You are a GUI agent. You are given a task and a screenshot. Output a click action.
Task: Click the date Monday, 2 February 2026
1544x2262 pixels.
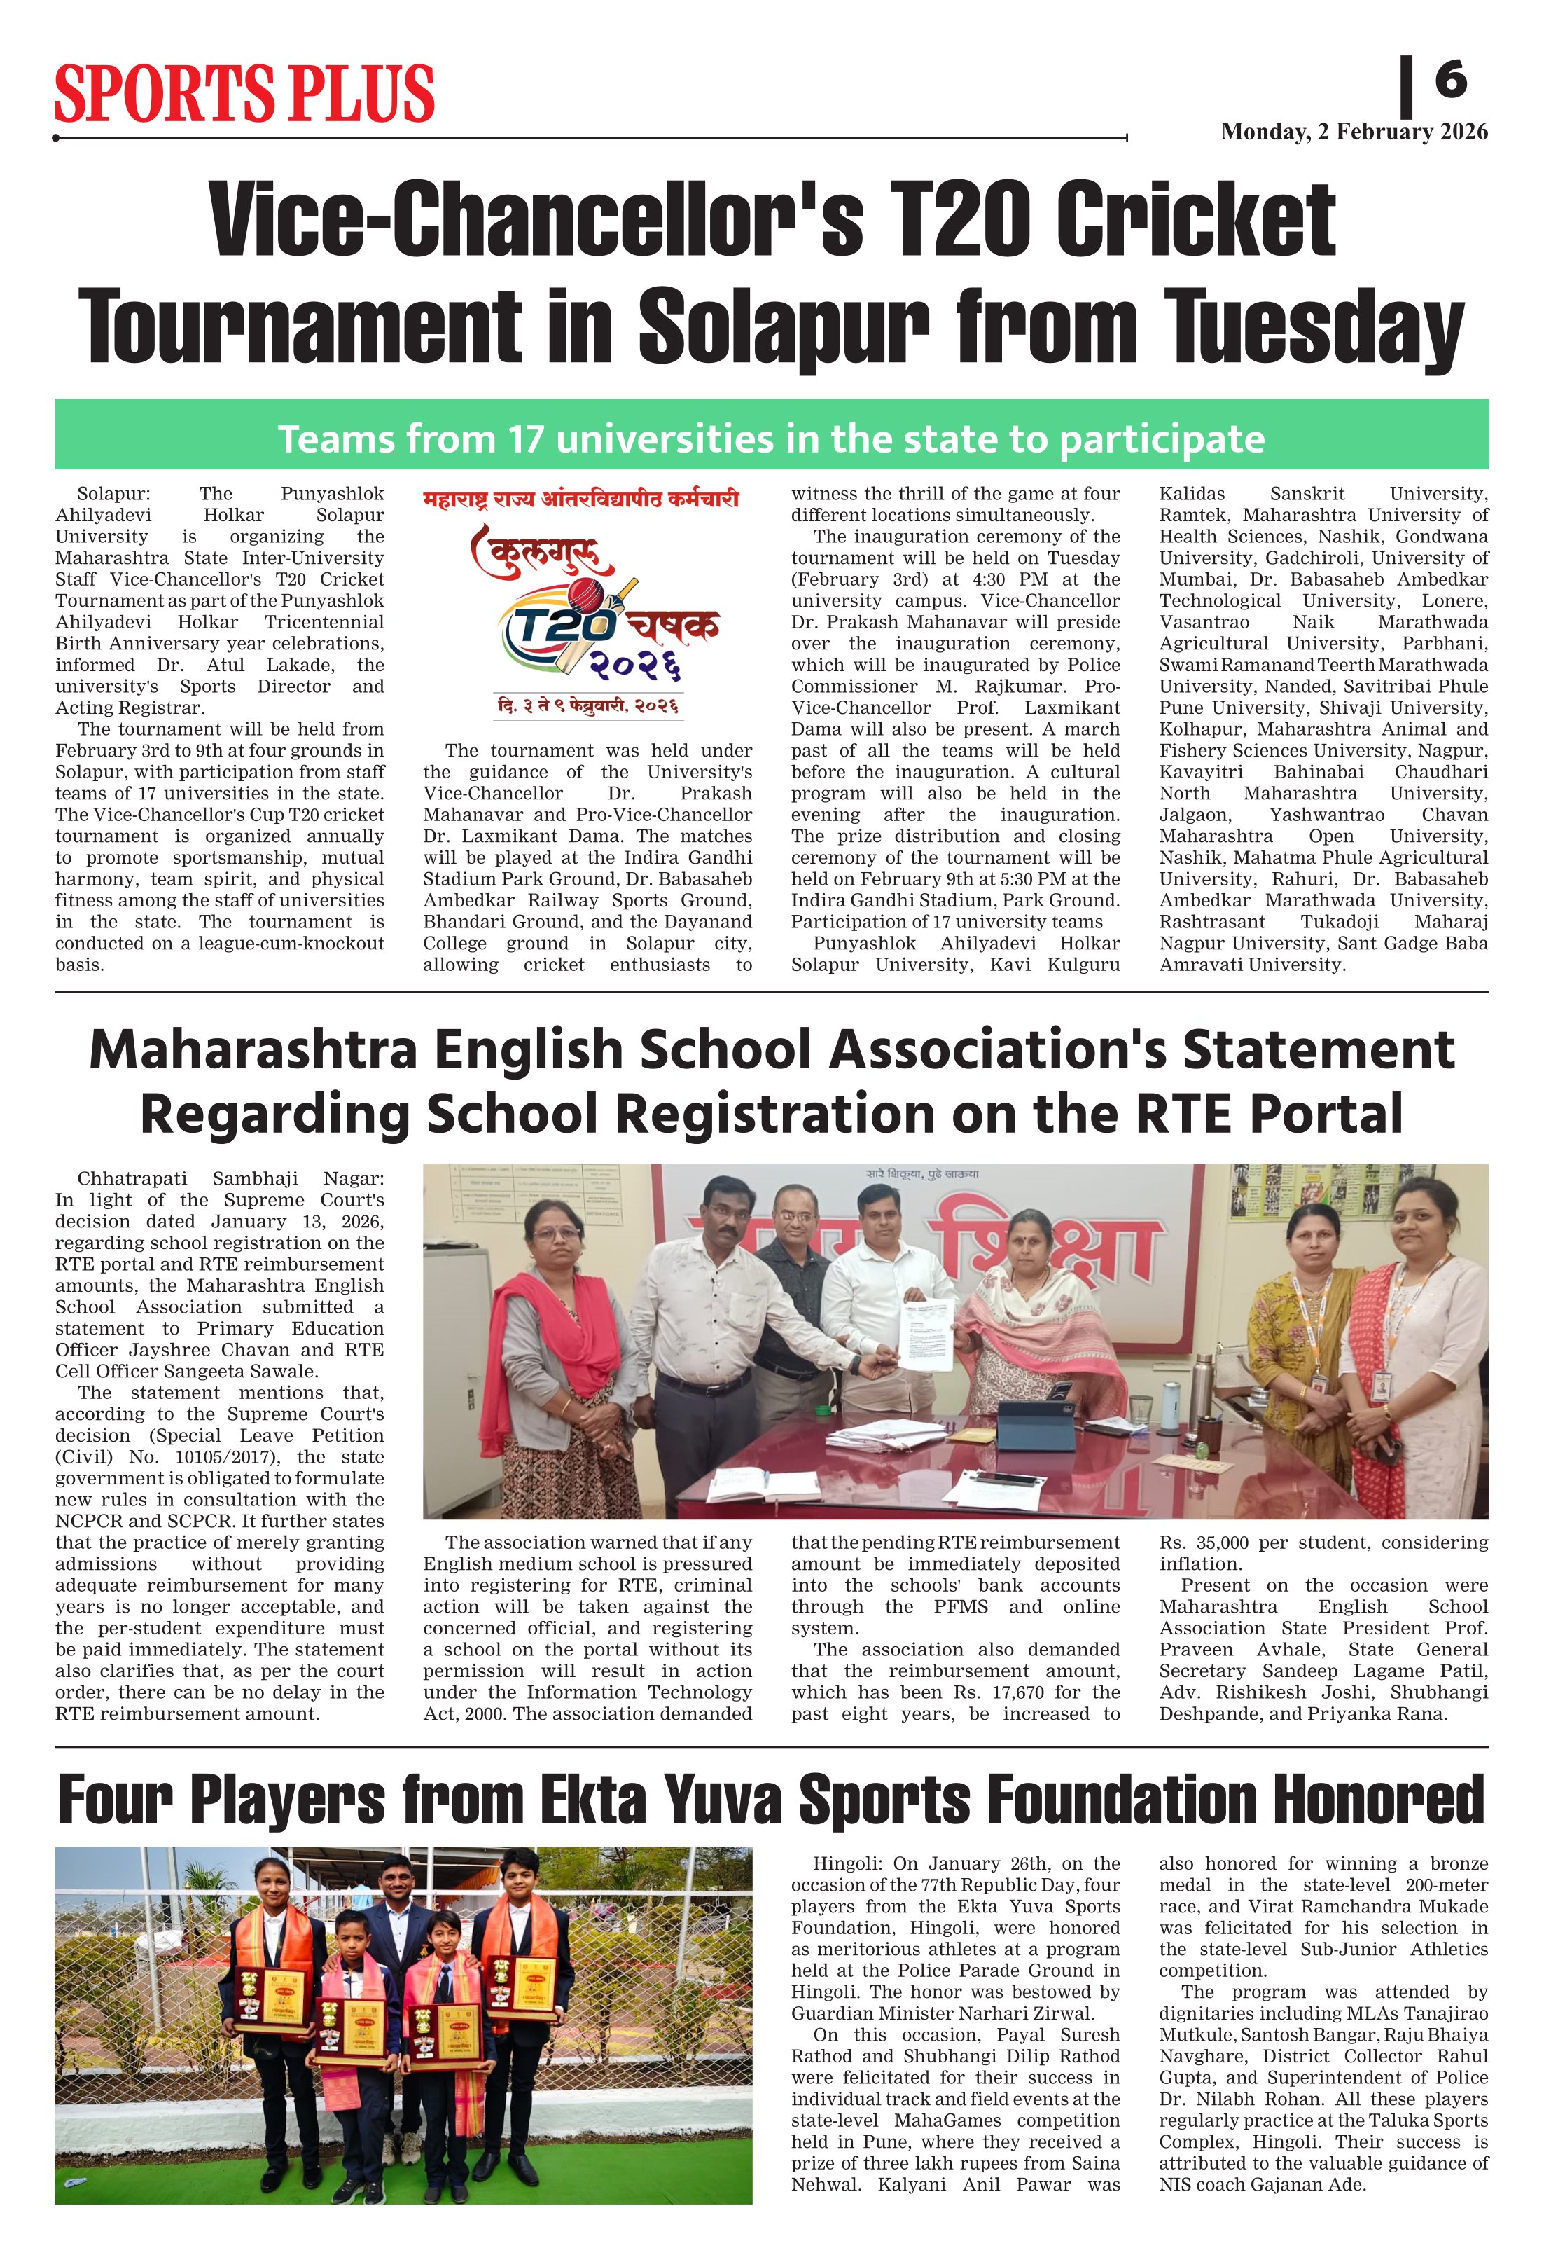[1354, 132]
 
